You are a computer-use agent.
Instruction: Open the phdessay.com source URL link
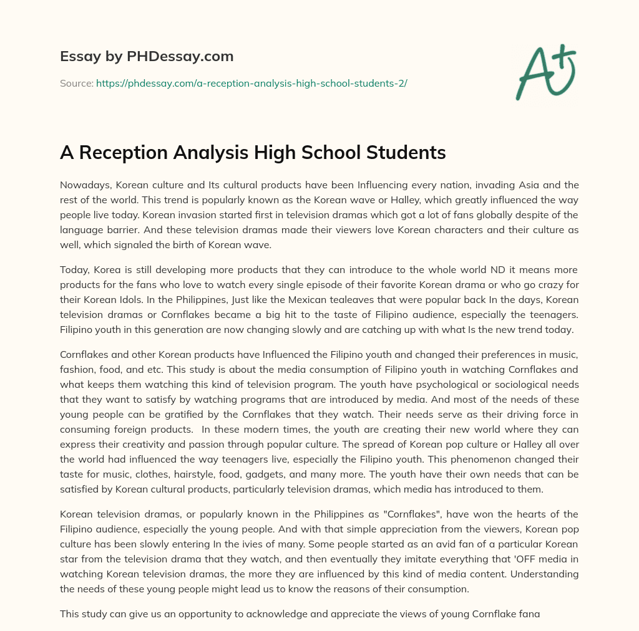pos(251,83)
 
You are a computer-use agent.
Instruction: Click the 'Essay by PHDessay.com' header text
pos(147,57)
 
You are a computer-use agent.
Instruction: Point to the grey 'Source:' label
pos(76,83)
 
